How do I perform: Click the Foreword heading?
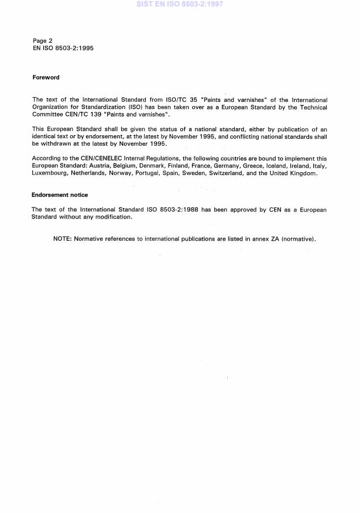click(x=46, y=77)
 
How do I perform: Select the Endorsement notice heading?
click(x=60, y=195)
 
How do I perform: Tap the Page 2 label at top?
click(x=43, y=41)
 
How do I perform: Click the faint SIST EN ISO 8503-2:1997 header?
click(x=180, y=4)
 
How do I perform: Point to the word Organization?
click(x=51, y=107)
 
